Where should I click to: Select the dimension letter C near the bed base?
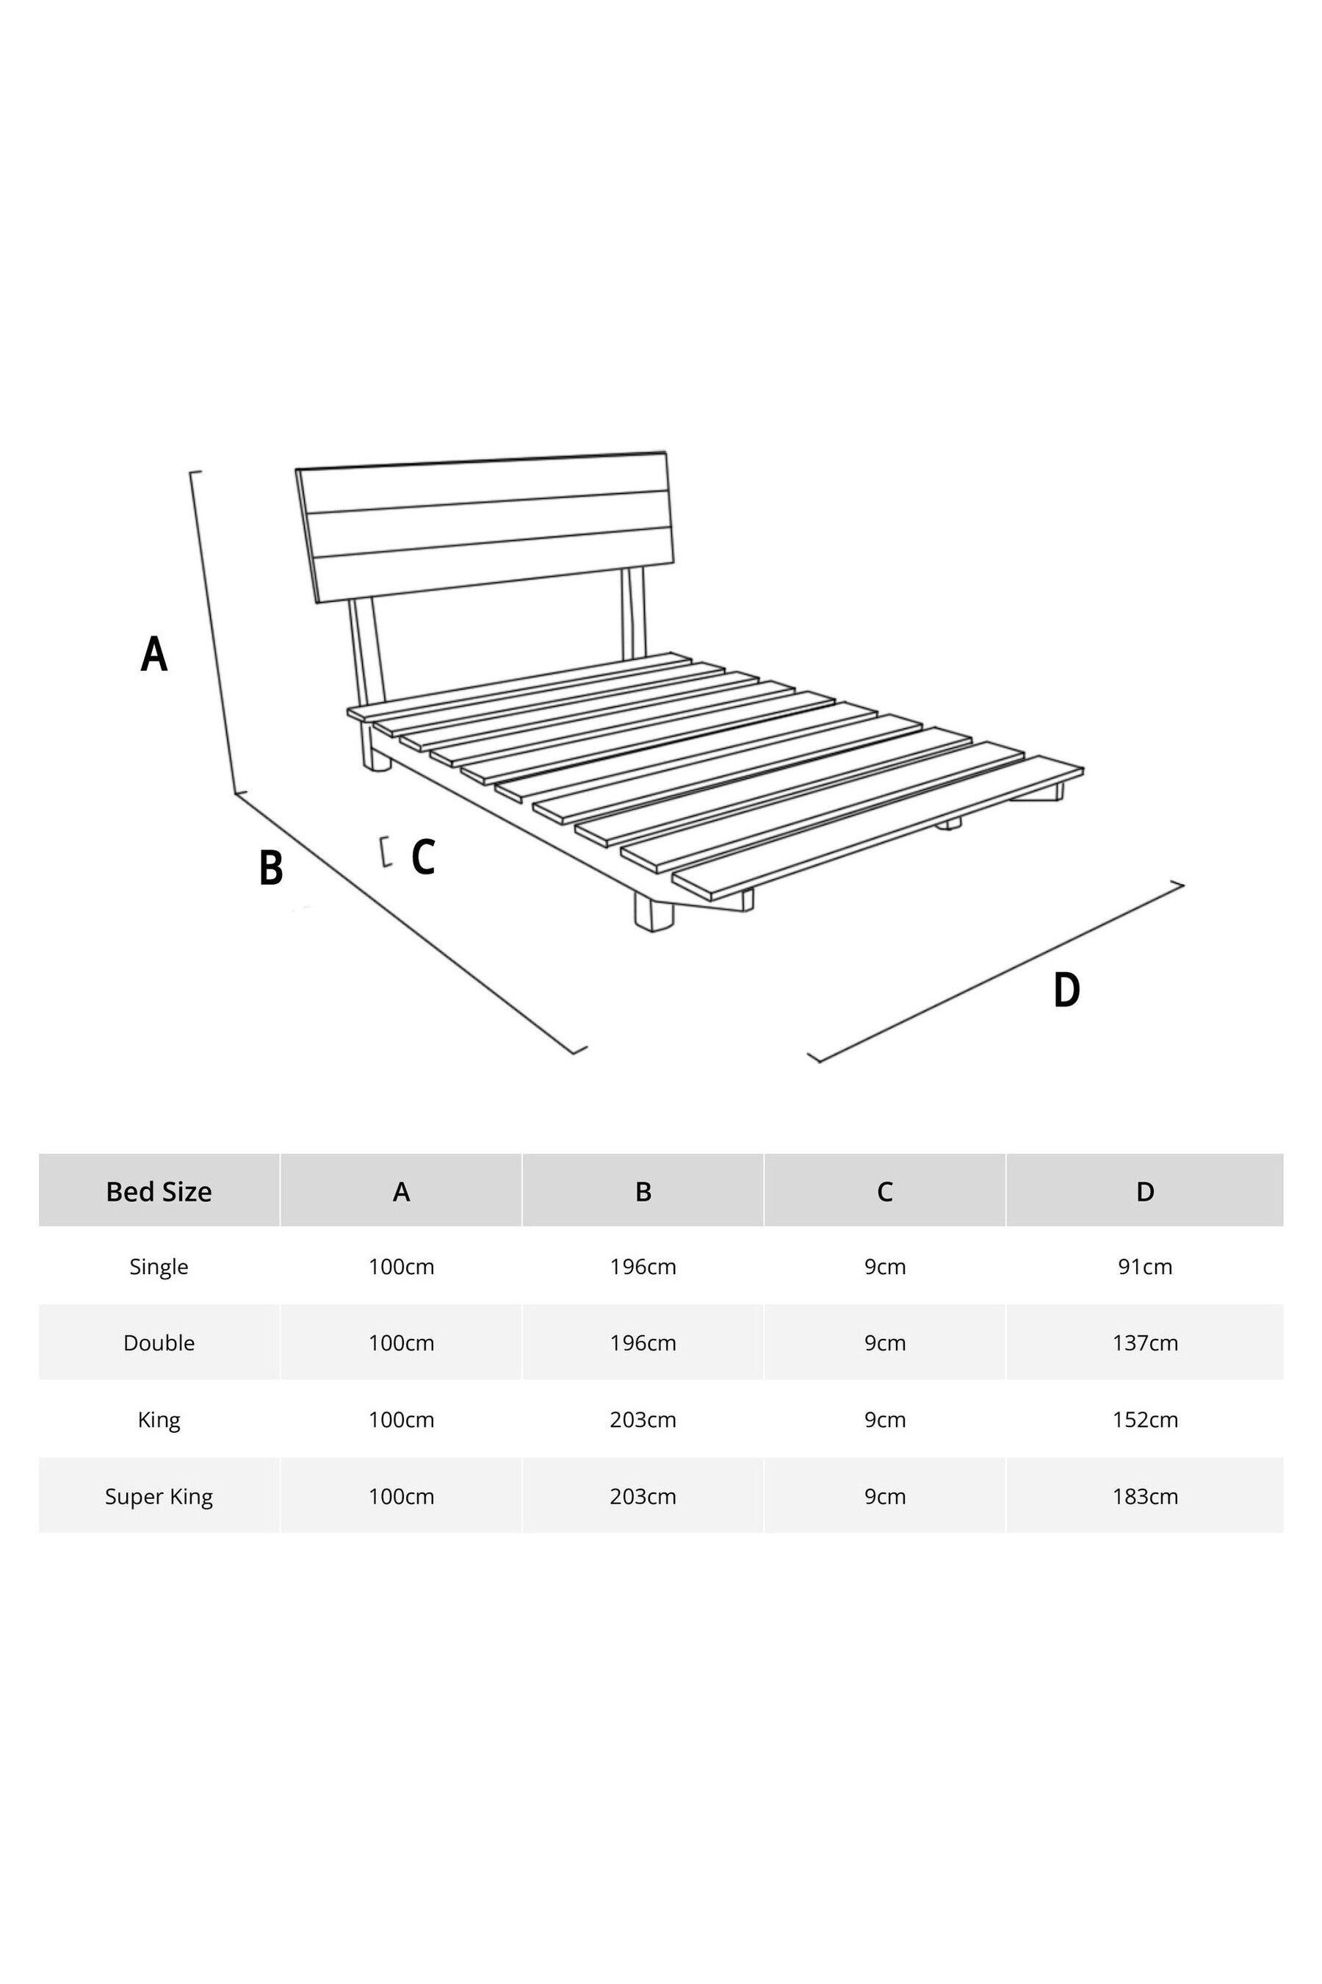point(423,857)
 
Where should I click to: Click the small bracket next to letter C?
point(386,851)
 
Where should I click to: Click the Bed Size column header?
point(159,1191)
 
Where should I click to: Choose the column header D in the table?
point(1144,1191)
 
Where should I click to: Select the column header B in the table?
point(643,1191)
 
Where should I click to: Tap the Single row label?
point(159,1266)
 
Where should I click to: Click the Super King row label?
point(159,1495)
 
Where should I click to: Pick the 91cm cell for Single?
point(1144,1266)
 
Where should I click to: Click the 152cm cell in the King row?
point(1144,1419)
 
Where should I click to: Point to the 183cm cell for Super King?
point(1144,1495)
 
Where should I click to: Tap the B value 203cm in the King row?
point(643,1419)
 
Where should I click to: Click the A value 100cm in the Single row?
point(401,1266)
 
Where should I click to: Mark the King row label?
point(159,1419)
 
